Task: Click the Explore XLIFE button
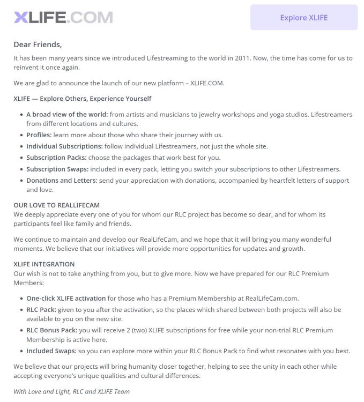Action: pos(303,17)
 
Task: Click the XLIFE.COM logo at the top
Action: pos(63,17)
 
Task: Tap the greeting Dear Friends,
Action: pos(38,44)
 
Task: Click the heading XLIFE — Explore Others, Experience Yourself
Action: pos(83,99)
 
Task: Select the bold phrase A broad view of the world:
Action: pos(67,114)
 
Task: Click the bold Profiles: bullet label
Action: pos(39,135)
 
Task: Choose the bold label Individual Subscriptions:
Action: pos(64,146)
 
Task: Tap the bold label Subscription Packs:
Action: pos(56,158)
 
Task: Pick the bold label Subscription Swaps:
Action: pos(58,169)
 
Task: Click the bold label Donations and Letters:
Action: pos(62,180)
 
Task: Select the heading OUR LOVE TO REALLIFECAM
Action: pos(56,205)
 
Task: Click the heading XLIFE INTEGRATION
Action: pos(44,264)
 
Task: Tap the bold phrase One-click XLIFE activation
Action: pos(66,298)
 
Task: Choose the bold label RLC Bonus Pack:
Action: pos(51,330)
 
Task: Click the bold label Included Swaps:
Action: pos(51,351)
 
